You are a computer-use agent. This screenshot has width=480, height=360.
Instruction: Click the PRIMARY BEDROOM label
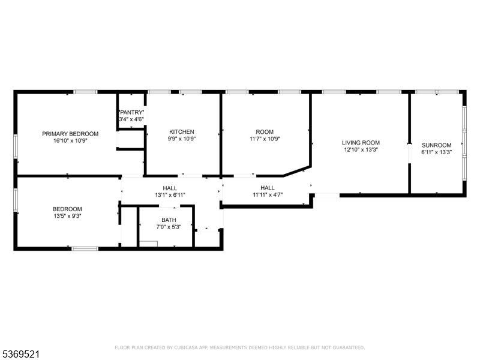pos(70,134)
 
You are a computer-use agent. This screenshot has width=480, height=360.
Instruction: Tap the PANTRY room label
pos(131,112)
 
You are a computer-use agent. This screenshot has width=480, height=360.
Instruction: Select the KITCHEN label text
pos(182,131)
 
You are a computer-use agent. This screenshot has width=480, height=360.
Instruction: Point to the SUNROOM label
pos(437,145)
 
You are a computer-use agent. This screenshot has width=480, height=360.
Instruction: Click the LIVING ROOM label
pos(361,143)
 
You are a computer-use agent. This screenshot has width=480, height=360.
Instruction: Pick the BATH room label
pos(169,220)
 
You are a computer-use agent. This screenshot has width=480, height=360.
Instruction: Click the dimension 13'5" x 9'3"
pos(67,216)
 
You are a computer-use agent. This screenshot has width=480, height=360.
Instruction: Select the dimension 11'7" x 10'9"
pos(265,139)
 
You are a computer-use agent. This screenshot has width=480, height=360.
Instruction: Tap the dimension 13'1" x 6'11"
pos(170,195)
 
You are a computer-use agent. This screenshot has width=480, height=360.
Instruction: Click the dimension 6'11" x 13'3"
pos(437,152)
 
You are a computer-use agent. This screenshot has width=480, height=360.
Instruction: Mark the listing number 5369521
pos(20,355)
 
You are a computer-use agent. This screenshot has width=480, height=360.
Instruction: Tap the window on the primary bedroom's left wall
pos(16,146)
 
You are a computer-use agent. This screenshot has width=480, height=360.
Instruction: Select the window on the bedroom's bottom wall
pos(85,249)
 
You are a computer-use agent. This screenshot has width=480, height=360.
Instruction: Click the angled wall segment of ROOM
pos(297,172)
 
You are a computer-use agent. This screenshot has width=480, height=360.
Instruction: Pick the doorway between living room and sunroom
pos(409,153)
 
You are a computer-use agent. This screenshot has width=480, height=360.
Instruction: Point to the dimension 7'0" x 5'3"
pos(169,227)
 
